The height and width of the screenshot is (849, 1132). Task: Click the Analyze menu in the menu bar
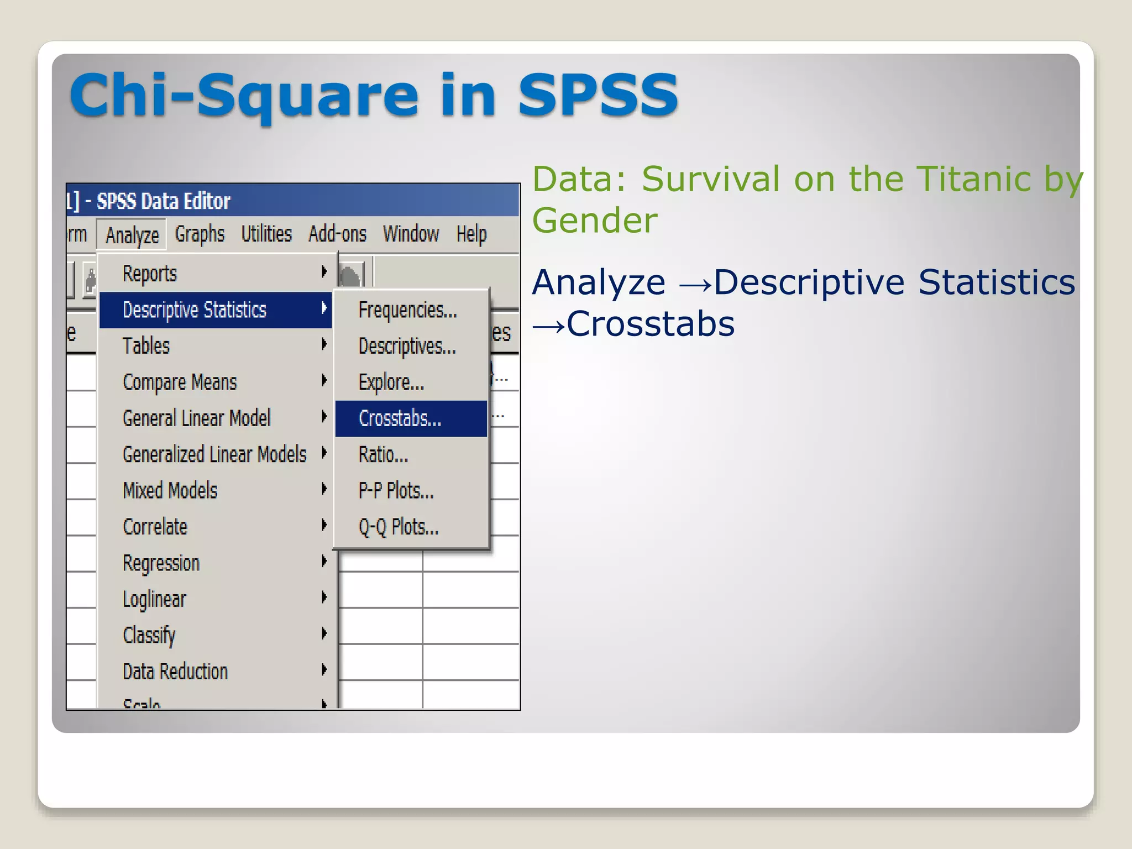(132, 235)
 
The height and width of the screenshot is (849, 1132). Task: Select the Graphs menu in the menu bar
(200, 234)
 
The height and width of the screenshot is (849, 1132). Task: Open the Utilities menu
(266, 234)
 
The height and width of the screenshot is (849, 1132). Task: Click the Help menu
(471, 234)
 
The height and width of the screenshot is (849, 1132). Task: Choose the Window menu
(411, 234)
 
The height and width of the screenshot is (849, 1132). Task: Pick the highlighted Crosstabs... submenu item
(400, 418)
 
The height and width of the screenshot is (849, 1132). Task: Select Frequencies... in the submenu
(407, 310)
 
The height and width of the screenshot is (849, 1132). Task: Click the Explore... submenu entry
(391, 382)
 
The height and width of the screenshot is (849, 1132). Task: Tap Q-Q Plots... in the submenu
(399, 527)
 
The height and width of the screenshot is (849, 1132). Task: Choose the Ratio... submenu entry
(383, 455)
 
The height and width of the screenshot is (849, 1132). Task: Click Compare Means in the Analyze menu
(180, 382)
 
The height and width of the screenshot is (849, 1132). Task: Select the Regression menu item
(161, 563)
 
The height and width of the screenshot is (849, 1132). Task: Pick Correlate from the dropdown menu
(155, 527)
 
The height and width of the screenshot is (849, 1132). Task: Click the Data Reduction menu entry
(175, 672)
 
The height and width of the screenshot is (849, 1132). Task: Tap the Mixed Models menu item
(170, 491)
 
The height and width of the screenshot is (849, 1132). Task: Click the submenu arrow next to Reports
(324, 272)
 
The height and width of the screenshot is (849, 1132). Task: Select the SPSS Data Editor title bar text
(163, 201)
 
